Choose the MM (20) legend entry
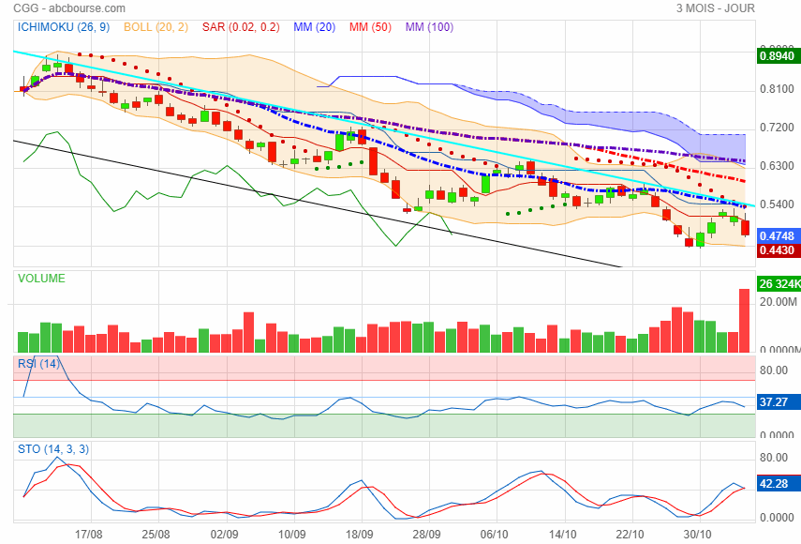[x=314, y=27]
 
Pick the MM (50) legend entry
[x=370, y=27]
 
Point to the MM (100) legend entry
[x=429, y=27]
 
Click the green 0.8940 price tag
[x=777, y=56]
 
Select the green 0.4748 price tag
[x=777, y=236]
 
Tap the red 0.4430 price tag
[x=777, y=250]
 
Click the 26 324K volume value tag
[x=778, y=283]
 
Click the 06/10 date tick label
[x=494, y=533]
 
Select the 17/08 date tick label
[x=89, y=533]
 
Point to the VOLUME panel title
[x=41, y=279]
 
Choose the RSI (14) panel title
[x=38, y=363]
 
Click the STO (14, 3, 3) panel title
[x=53, y=449]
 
